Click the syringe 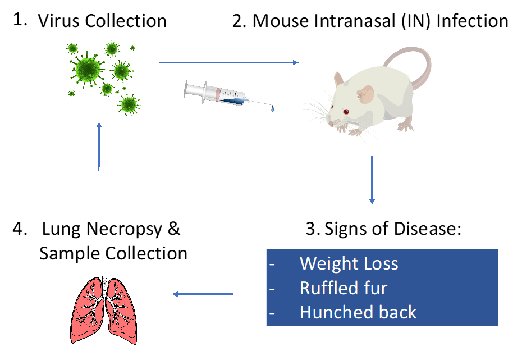225,94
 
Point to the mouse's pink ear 365,94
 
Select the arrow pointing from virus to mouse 229,62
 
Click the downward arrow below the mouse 372,180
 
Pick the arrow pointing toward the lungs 203,294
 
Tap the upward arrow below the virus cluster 99,146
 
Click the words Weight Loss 349,263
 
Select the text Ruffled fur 343,288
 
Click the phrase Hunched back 358,312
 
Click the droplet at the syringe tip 273,108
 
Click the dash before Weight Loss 273,264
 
